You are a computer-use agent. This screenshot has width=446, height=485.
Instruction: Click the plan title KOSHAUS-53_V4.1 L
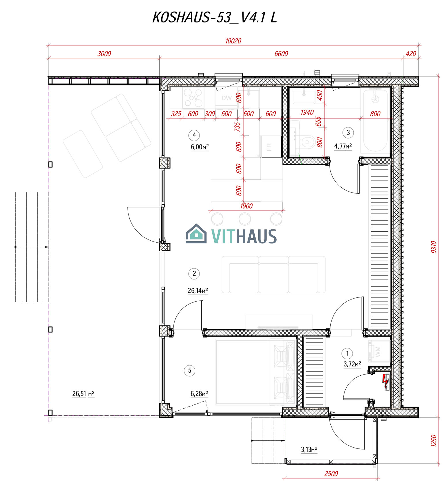point(215,18)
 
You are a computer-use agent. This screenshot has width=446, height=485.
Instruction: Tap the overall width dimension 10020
point(233,41)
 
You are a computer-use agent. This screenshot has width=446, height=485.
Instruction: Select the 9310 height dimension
point(434,247)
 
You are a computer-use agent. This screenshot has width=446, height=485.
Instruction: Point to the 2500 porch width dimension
point(331,473)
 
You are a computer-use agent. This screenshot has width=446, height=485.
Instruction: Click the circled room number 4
point(194,135)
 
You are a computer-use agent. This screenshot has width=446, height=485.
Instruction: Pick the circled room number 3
point(348,132)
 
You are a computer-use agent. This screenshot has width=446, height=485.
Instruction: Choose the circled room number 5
point(189,370)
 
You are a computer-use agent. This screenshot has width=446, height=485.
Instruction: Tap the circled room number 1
point(347,353)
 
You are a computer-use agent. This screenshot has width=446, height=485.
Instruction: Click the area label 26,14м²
point(198,291)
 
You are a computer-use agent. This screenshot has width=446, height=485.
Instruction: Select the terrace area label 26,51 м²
point(83,393)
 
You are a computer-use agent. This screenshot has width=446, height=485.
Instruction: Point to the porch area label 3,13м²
point(309,449)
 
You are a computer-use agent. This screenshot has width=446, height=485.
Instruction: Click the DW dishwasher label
point(227,98)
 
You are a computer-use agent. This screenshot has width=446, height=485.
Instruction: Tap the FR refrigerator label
point(269,147)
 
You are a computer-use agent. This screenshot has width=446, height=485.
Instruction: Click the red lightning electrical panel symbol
point(385,382)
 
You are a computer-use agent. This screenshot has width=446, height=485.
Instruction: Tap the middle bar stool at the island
point(245,219)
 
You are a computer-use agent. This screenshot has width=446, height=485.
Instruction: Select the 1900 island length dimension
point(246,206)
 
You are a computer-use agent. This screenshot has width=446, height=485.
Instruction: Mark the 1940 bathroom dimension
point(307,113)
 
